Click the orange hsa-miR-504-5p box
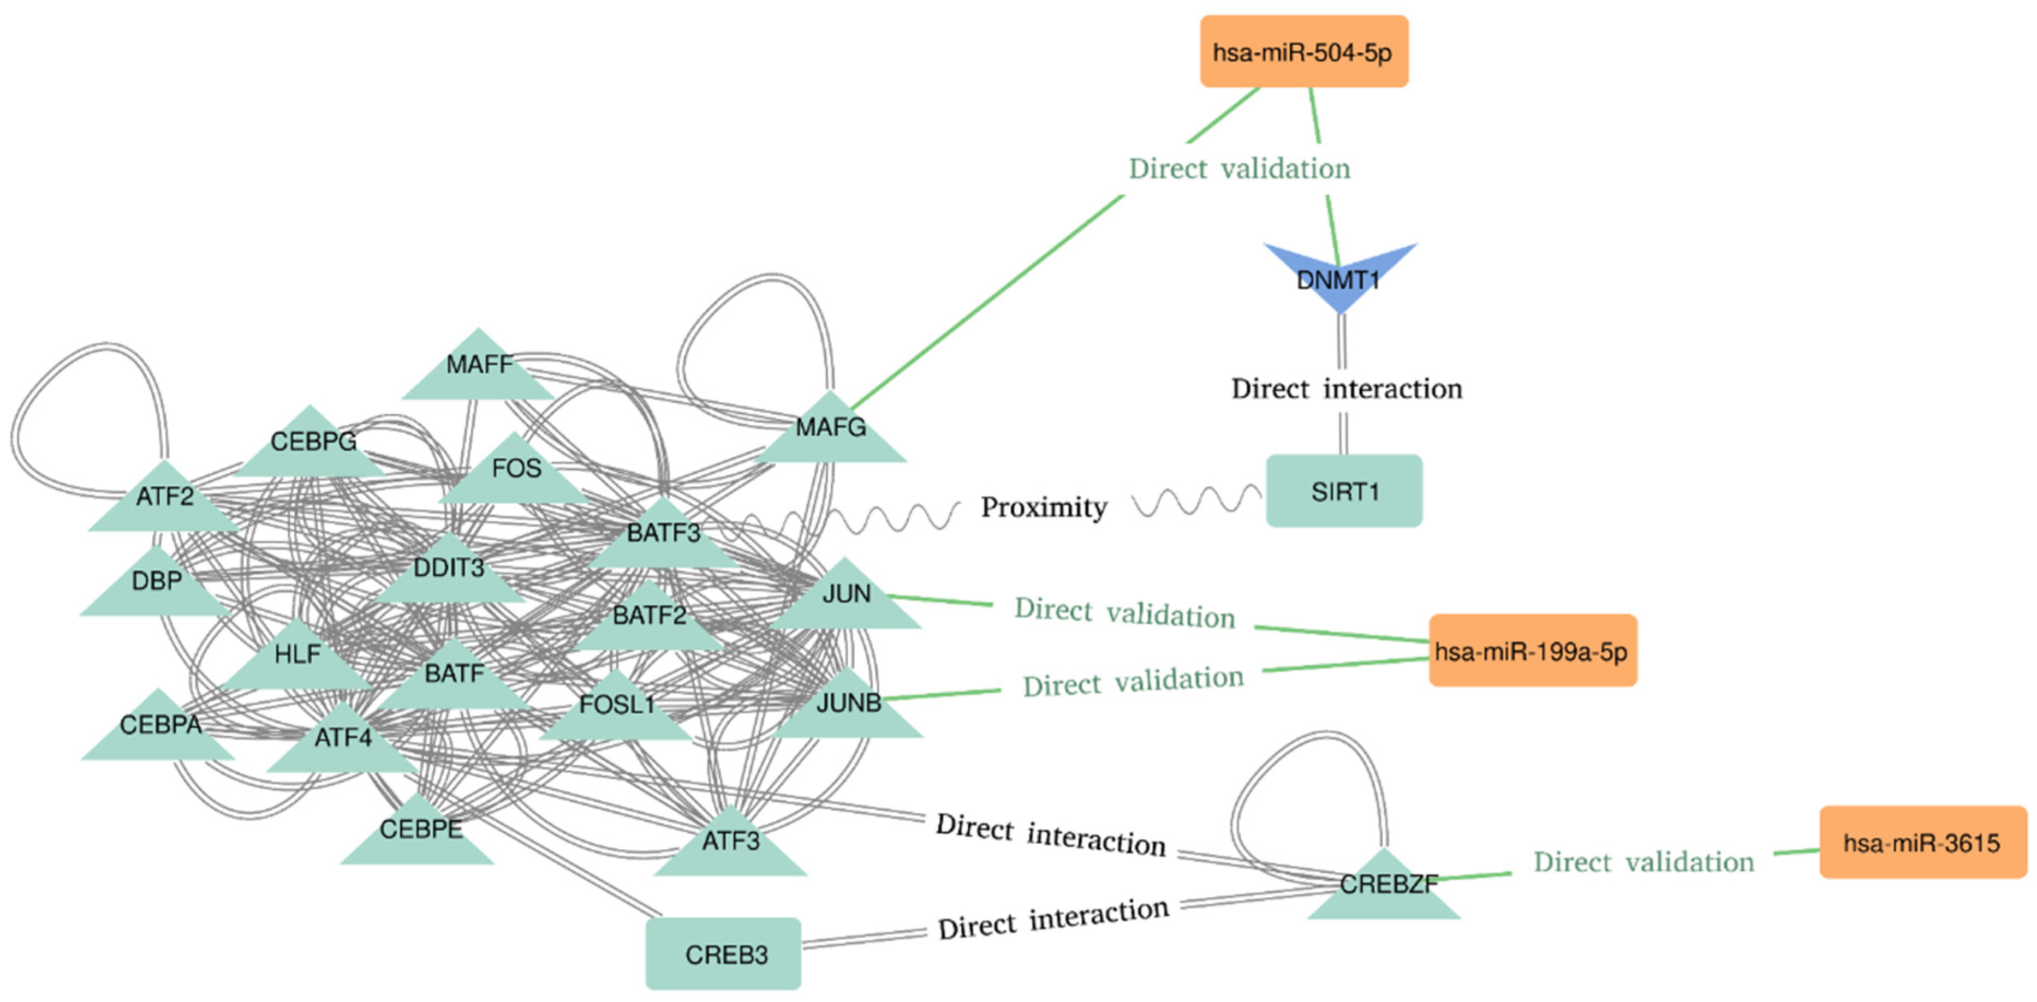click(x=1304, y=51)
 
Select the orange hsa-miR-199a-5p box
click(x=1533, y=650)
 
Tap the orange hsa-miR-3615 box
click(x=1923, y=842)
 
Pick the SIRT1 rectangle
click(x=1344, y=491)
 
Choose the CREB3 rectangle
click(x=724, y=954)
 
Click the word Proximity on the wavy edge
click(x=1044, y=508)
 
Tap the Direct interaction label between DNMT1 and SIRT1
click(x=1347, y=389)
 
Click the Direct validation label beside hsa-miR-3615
click(x=1644, y=861)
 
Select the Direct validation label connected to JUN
click(x=1124, y=613)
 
